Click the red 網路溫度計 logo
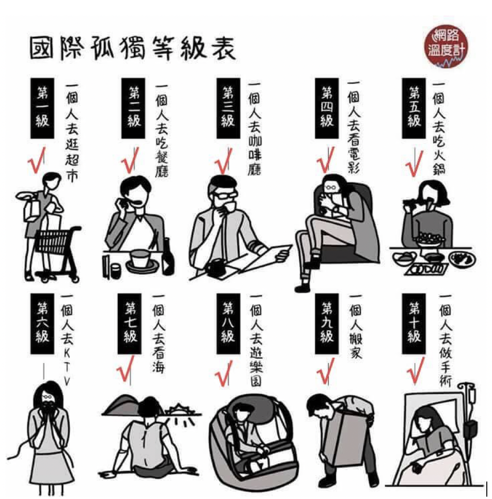446,46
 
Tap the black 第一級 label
42,108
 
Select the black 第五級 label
414,108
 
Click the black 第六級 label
42,324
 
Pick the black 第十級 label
414,324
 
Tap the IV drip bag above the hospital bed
472,395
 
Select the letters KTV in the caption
66,366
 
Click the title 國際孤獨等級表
132,49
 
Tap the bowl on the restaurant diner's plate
140,258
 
